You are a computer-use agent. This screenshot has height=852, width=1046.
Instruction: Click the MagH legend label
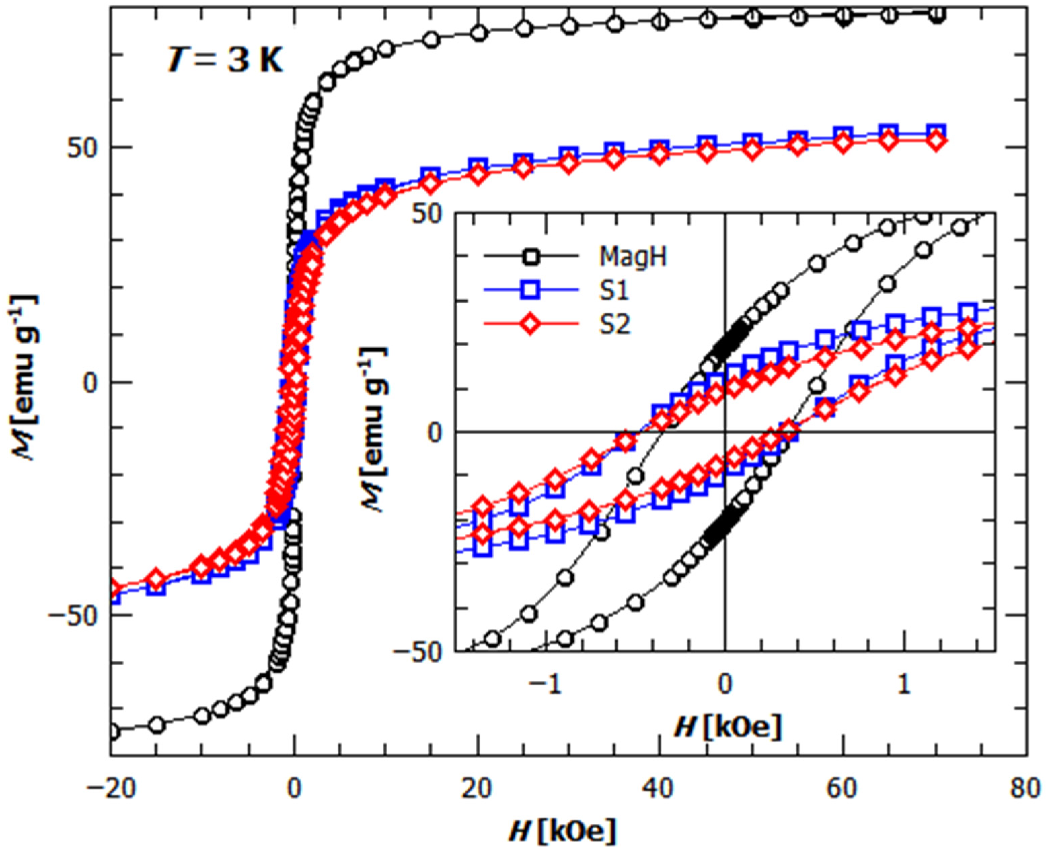tap(633, 257)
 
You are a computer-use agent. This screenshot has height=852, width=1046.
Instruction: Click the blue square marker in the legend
tap(530, 291)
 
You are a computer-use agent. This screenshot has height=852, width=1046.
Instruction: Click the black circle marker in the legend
tap(530, 257)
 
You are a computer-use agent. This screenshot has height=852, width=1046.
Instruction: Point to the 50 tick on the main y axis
tap(81, 148)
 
